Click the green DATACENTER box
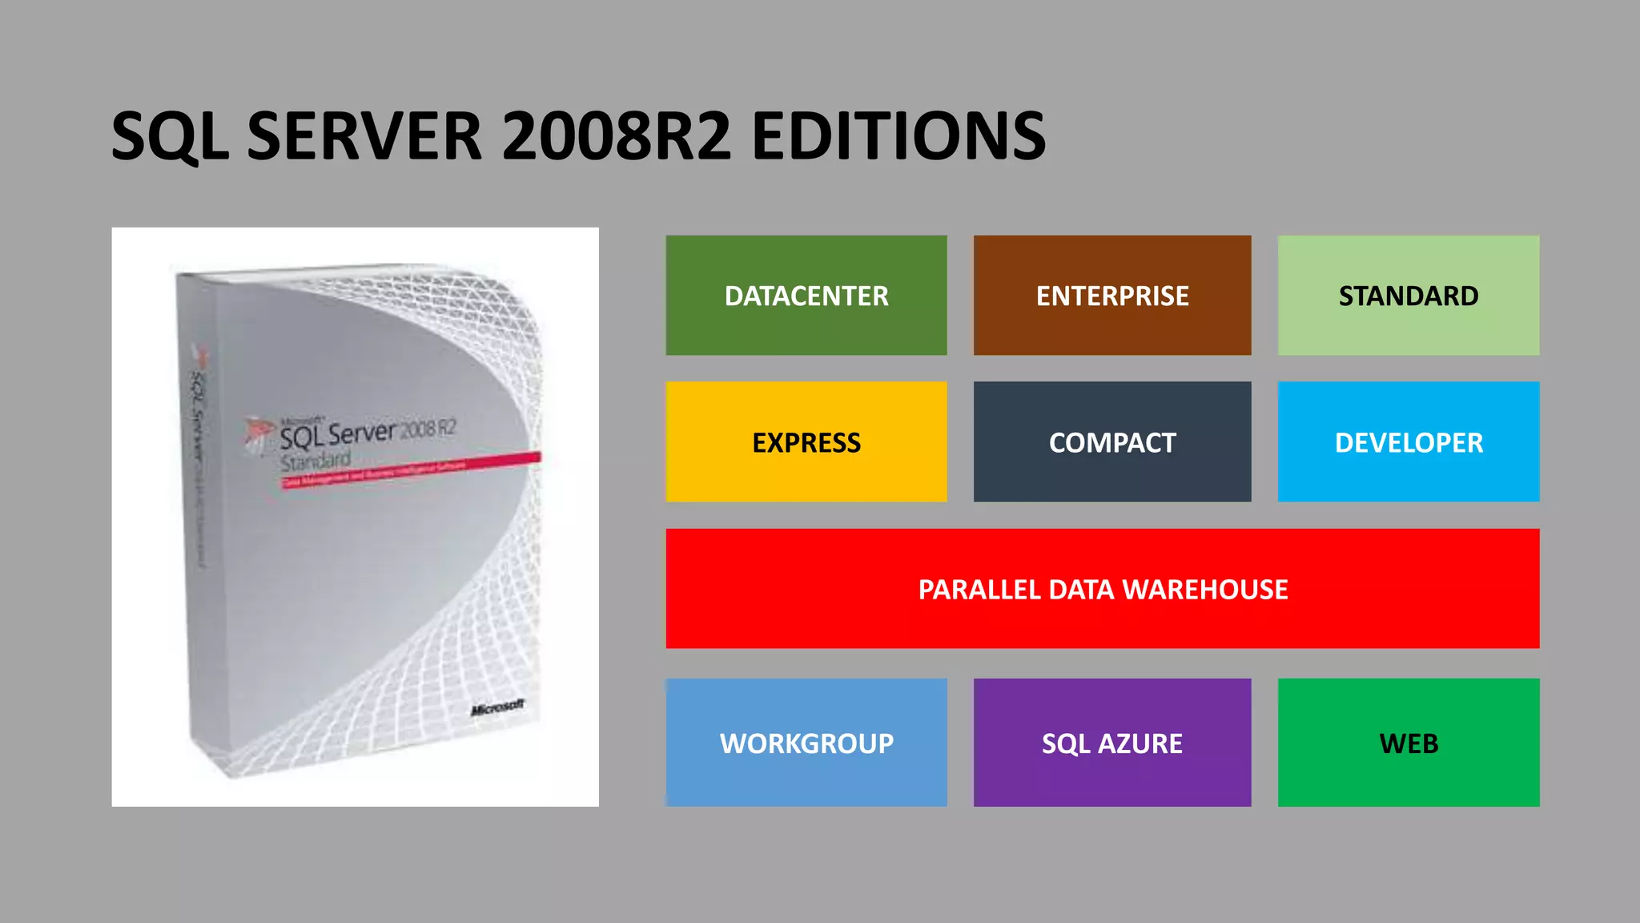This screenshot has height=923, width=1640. pos(806,295)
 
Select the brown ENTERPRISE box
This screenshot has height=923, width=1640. pos(1111,295)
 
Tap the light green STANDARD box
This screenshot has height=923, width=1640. pos(1408,295)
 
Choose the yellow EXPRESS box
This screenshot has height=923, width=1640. pos(806,441)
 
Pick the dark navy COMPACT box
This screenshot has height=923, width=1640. pos(1111,441)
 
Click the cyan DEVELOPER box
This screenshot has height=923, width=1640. pos(1408,441)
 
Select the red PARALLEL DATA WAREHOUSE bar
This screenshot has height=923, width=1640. pos(1102,588)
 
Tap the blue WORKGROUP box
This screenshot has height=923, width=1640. pos(806,742)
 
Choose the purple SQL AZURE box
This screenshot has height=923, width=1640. pos(1111,742)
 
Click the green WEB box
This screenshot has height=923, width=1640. pos(1408,742)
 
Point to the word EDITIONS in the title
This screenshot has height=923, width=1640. pos(898,136)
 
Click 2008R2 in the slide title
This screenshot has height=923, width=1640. pos(616,136)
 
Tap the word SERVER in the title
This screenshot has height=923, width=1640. pos(364,136)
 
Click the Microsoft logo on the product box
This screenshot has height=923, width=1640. pos(497,707)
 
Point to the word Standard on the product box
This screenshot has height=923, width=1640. pos(316,461)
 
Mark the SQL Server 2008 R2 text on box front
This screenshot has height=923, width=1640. pos(368,433)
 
